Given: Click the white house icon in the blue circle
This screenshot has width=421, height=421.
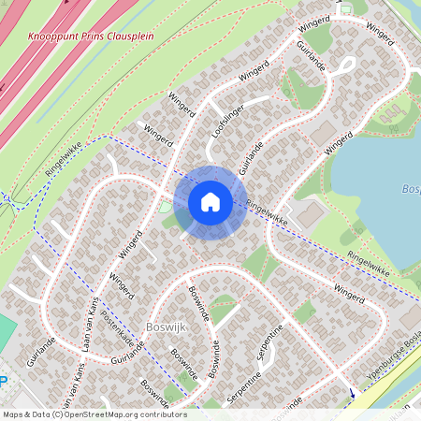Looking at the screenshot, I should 210,202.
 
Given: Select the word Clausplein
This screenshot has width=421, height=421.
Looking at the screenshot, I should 129,36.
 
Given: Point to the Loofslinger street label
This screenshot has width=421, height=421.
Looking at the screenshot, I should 225,121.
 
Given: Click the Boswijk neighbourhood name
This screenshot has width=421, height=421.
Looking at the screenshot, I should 168,327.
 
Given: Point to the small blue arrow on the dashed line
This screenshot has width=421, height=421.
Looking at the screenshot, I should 352,393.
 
